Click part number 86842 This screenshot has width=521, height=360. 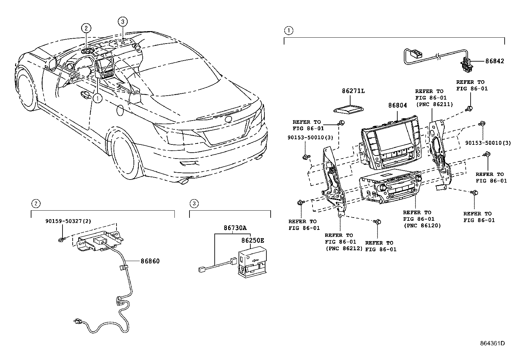494,61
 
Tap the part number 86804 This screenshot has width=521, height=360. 398,105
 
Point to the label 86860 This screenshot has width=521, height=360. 150,261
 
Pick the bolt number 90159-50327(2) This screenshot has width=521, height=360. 68,221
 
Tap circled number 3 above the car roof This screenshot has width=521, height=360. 122,22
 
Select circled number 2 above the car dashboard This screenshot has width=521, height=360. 86,28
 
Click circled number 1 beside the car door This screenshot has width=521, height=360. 98,97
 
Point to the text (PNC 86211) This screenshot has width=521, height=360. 434,104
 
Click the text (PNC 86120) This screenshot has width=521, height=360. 422,225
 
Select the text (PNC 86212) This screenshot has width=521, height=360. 344,248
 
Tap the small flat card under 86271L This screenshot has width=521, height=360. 349,109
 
